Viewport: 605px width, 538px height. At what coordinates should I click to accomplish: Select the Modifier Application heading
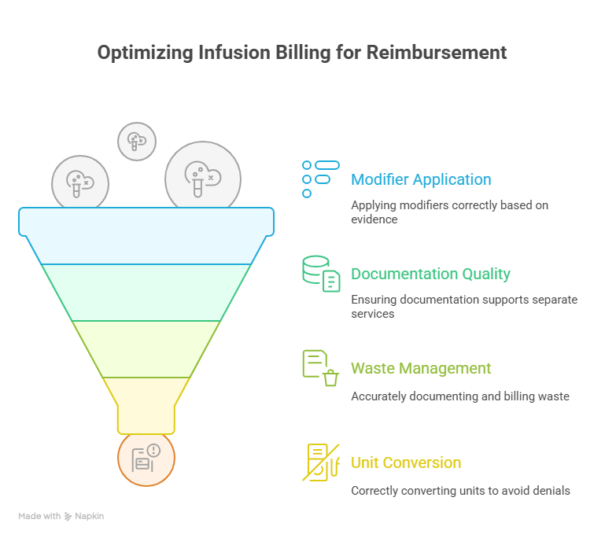[x=421, y=179]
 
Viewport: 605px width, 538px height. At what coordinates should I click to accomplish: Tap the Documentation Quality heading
[x=430, y=274]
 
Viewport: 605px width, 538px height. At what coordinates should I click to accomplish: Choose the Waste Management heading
[x=421, y=368]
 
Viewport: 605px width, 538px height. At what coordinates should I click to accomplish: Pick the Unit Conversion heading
[x=406, y=462]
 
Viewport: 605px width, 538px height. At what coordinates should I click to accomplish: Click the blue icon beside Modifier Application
[x=321, y=179]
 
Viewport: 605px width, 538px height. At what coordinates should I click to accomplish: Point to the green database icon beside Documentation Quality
[x=321, y=274]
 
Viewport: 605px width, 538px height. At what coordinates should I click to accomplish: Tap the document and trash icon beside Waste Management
[x=321, y=368]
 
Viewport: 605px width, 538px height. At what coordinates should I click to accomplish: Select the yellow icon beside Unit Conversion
[x=321, y=462]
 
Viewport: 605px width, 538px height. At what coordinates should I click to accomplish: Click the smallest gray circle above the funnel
[x=137, y=142]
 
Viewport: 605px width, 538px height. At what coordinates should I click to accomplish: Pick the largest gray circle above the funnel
[x=202, y=177]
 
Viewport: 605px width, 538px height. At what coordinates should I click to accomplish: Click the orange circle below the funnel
[x=146, y=459]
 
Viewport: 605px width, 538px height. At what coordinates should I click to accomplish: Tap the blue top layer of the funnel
[x=146, y=236]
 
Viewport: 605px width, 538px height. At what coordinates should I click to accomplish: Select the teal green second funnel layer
[x=146, y=293]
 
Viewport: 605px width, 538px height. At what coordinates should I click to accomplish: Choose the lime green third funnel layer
[x=146, y=349]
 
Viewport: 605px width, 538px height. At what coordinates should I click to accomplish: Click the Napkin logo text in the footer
[x=89, y=517]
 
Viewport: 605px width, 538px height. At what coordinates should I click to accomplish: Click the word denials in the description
[x=549, y=491]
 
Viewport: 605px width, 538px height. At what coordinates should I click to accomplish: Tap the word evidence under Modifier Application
[x=374, y=219]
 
